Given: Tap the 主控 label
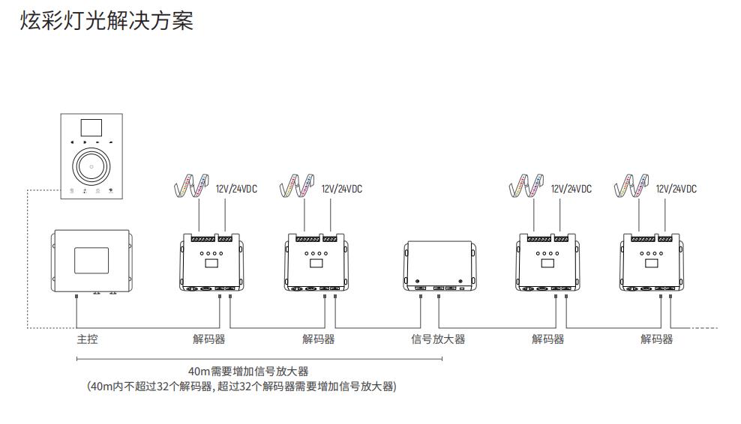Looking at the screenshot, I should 87,339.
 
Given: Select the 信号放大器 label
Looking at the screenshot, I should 438,339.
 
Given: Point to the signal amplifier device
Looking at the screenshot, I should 439,264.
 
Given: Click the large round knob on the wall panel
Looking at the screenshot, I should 91,163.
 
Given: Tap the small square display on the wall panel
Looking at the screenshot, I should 91,127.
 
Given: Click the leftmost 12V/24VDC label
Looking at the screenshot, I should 236,189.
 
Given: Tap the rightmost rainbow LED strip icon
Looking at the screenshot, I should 631,184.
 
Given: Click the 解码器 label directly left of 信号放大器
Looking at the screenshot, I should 319,339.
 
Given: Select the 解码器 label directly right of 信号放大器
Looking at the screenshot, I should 548,339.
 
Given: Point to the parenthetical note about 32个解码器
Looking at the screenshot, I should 241,387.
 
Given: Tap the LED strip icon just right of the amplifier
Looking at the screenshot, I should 525,184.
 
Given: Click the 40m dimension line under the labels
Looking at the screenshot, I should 259,359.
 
